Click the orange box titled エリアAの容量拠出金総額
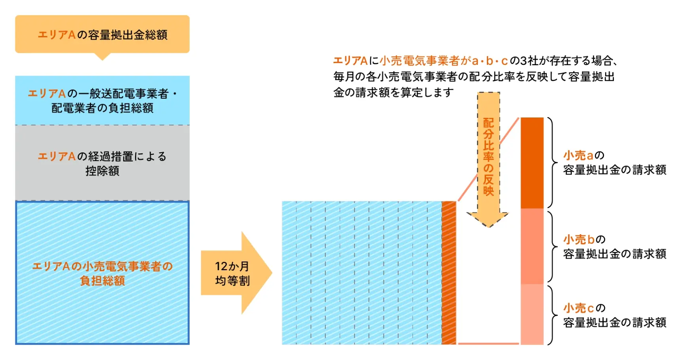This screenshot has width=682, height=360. pyautogui.click(x=102, y=34)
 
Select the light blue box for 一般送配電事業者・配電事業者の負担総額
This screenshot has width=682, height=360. pyautogui.click(x=102, y=100)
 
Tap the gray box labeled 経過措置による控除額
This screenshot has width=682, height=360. pyautogui.click(x=102, y=163)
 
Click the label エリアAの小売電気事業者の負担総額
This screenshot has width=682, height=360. pyautogui.click(x=102, y=273)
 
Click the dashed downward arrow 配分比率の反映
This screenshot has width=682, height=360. pyautogui.click(x=488, y=158)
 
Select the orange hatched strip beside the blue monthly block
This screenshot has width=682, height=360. pyautogui.click(x=449, y=273)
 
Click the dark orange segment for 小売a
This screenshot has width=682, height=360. pyautogui.click(x=532, y=163)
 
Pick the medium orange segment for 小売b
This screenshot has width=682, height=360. pyautogui.click(x=532, y=246)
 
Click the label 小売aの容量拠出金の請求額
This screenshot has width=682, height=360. pyautogui.click(x=614, y=163)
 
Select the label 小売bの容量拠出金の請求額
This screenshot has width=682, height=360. pyautogui.click(x=614, y=246)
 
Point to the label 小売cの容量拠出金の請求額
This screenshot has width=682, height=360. pyautogui.click(x=614, y=315)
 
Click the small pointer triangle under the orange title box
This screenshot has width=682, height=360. pyautogui.click(x=102, y=57)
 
